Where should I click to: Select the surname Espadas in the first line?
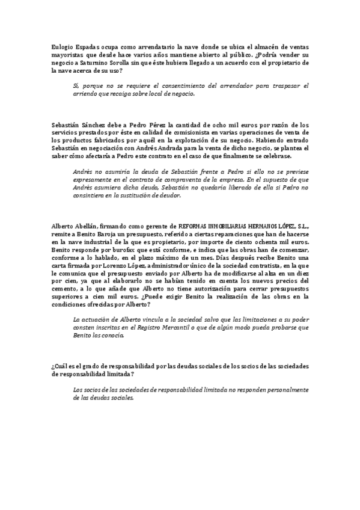[x=90, y=46]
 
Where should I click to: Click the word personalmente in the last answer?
[x=282, y=390]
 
